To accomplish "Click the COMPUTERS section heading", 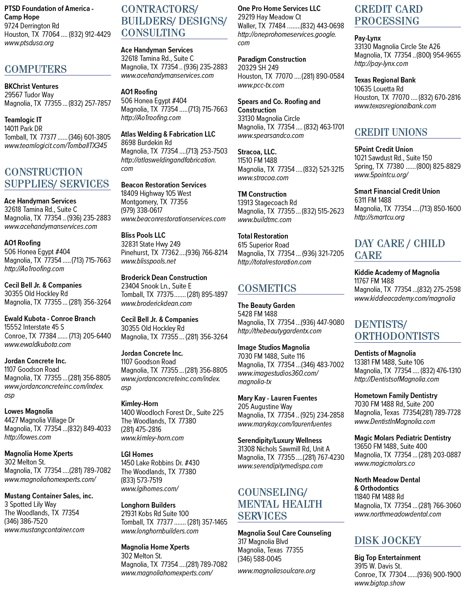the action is coord(36,69).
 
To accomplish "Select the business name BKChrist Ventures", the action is coord(31,86).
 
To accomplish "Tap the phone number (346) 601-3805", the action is coord(89,137).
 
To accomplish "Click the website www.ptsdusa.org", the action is coord(29,43).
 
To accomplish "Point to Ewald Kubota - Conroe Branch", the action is coord(50,319).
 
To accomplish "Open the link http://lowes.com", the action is coord(27,437).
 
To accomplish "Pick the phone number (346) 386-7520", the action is coord(26,521).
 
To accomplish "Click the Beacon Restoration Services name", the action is coord(164,185).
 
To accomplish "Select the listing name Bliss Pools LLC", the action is coord(143,235).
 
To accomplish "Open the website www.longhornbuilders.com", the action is coord(159,531).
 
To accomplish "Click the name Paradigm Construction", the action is coord(272,59).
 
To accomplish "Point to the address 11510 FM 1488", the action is coord(257,160).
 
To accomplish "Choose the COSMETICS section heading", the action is coord(267,288).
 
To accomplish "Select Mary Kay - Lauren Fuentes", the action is coord(277,399).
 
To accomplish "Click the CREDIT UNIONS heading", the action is coord(391,132).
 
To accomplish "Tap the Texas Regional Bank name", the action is coord(385,80).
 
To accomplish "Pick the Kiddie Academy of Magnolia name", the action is coord(396,272).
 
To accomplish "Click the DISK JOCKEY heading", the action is coord(388,541).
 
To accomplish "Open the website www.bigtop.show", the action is coord(380,583).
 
